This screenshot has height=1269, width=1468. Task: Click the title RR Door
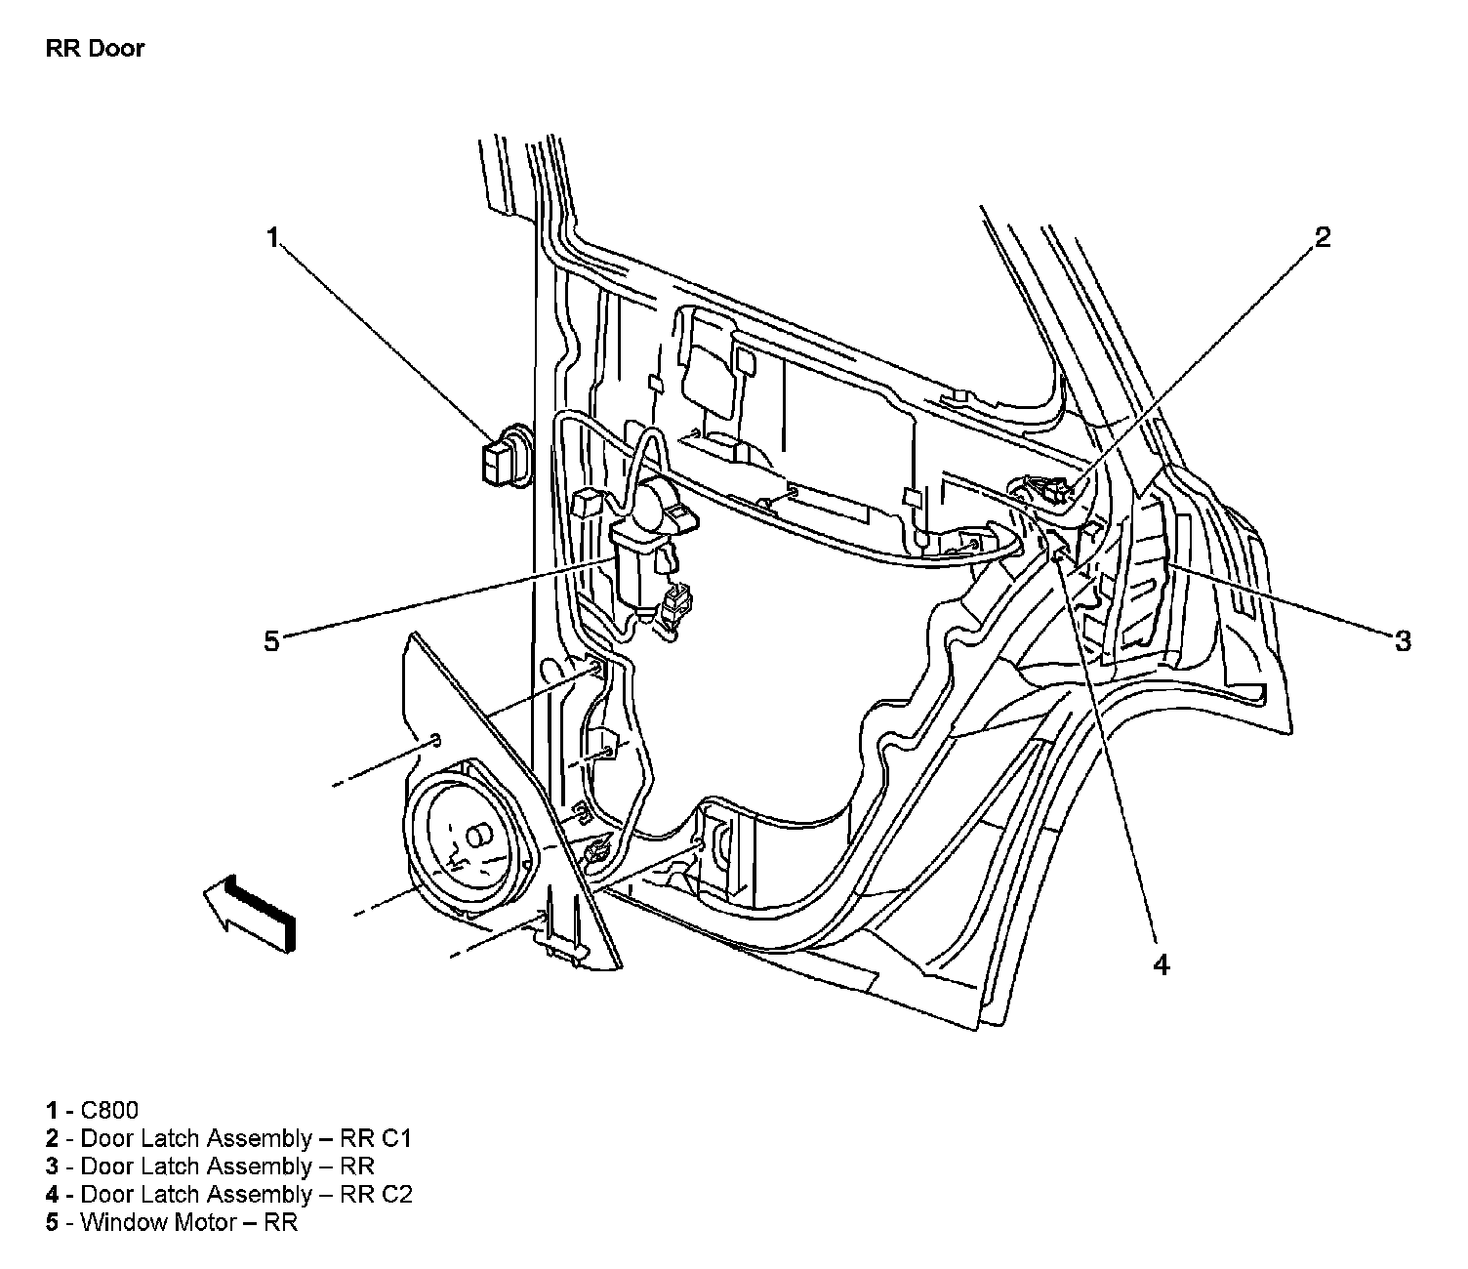95,49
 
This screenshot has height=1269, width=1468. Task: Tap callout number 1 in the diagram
274,237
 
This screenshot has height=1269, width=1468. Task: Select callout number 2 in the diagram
1323,237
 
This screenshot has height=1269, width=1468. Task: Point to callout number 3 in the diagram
1402,641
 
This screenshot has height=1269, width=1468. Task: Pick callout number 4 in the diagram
1160,964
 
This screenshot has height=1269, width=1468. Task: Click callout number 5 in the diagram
271,641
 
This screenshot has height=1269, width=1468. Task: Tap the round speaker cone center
478,838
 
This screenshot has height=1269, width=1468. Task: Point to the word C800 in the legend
109,1110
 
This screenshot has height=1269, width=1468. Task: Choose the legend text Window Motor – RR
188,1222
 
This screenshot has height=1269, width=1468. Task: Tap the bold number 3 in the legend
51,1167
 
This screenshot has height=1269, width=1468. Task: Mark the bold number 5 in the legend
51,1222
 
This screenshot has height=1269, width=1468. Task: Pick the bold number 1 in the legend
51,1110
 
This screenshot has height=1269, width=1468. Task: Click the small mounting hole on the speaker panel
436,737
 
